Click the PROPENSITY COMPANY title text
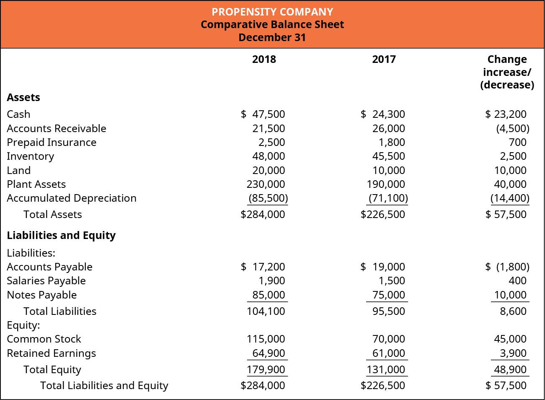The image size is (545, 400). tap(272, 12)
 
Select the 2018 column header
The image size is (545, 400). tap(264, 59)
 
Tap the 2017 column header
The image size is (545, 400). tap(384, 59)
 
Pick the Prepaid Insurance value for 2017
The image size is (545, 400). tap(392, 142)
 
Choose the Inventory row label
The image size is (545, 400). tap(31, 156)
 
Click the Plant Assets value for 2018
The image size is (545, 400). tap(266, 184)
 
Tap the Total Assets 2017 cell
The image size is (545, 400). tap(383, 214)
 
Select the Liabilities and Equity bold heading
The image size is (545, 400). tap(61, 235)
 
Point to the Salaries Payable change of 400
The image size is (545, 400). tap(517, 281)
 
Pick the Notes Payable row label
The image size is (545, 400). tap(42, 295)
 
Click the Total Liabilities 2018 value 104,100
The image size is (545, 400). tap(266, 311)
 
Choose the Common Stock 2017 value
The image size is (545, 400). tap(388, 339)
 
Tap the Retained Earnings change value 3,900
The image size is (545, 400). tap(513, 353)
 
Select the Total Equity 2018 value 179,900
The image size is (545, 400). tap(266, 369)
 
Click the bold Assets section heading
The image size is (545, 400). tap(23, 97)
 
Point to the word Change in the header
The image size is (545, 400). tap(507, 59)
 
